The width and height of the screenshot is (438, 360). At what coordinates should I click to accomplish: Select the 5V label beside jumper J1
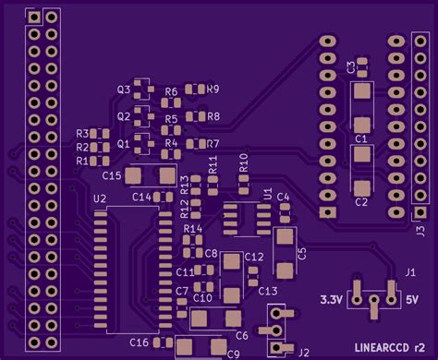point(411,299)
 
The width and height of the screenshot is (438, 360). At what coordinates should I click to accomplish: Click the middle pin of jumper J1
point(374,300)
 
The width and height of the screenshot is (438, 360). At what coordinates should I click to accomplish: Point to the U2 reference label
point(100,198)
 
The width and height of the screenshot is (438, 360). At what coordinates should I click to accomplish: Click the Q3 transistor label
point(123,90)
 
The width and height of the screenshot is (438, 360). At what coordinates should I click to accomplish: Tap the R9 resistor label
point(213,90)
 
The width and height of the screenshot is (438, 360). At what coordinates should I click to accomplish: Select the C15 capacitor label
point(111,174)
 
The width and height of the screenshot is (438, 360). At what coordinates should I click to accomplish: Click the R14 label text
point(192,228)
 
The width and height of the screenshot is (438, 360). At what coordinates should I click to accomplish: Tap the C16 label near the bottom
point(139,342)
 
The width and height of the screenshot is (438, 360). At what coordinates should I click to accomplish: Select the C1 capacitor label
point(361,138)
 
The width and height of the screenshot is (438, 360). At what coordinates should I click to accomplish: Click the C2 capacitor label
point(361,202)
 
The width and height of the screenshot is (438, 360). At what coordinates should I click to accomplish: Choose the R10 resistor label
point(244,162)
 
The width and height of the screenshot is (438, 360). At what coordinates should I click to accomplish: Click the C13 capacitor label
point(268,291)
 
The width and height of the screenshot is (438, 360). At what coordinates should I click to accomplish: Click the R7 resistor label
point(213,144)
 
